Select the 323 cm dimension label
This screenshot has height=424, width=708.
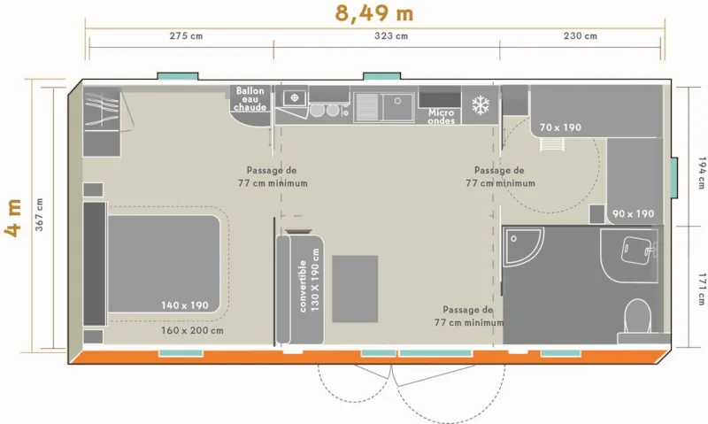pos(391,36)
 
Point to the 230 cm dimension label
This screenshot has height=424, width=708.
pos(580,36)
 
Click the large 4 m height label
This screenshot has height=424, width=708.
pos(14,219)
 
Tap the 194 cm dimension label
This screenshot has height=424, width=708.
pos(698,173)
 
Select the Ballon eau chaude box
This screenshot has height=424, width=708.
pos(250,99)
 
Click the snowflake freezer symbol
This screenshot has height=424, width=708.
pos(480,105)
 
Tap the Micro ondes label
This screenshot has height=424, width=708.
pos(441,117)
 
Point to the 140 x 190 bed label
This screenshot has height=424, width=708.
pos(184,305)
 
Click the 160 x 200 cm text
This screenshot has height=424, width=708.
pos(192,330)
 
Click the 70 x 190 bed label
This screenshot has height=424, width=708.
pos(560,127)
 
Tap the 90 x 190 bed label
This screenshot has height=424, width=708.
pos(634,213)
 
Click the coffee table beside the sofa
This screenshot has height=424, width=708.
pos(355,289)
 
